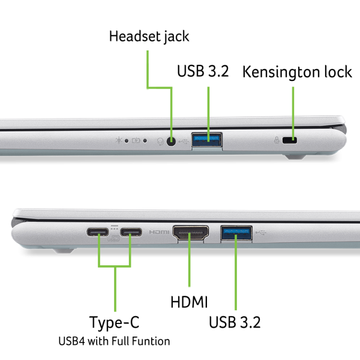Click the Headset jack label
[149, 37]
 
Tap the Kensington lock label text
[297, 72]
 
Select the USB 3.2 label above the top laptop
[203, 71]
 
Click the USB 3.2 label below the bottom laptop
[235, 322]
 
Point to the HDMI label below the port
[189, 302]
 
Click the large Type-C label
[115, 323]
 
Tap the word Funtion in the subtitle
[151, 341]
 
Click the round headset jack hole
[171, 141]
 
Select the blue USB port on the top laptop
[206, 140]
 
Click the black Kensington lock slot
[290, 140]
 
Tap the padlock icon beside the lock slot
[277, 140]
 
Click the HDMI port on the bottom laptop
[191, 233]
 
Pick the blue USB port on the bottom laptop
[236, 233]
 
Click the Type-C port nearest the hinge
[98, 232]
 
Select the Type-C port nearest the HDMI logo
[131, 232]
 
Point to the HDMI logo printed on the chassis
[159, 232]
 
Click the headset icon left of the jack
[160, 142]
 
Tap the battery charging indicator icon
[136, 140]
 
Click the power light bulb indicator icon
[119, 140]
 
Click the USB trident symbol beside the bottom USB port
[261, 233]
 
